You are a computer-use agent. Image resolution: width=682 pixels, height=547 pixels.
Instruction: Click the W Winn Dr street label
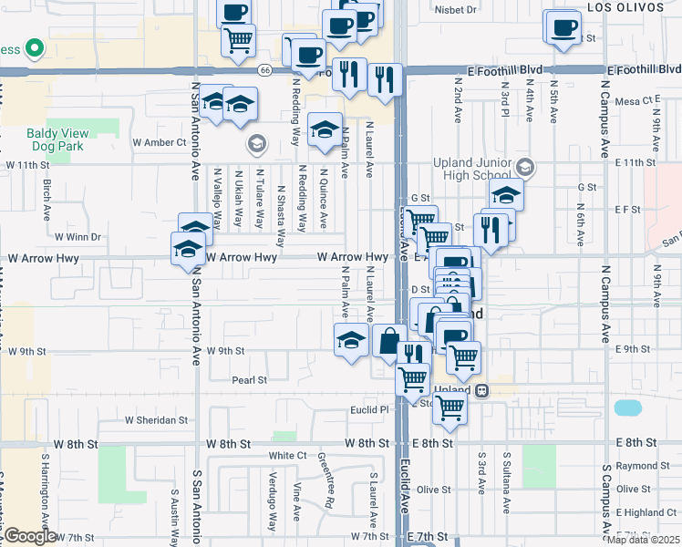click(x=77, y=237)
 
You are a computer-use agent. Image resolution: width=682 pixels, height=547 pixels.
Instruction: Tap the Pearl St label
click(x=249, y=380)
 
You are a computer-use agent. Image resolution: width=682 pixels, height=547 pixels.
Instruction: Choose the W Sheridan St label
click(x=156, y=421)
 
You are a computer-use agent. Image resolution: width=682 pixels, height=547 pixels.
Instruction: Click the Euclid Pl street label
click(x=370, y=410)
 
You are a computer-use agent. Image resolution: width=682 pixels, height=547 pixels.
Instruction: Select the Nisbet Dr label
click(x=456, y=10)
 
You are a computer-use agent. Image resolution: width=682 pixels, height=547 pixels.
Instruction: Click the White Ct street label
click(x=287, y=455)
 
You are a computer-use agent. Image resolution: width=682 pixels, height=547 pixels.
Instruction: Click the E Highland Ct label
click(x=646, y=512)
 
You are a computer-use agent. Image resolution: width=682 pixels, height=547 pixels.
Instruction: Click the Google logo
click(x=30, y=536)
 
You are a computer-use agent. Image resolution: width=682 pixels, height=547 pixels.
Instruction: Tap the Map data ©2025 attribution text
click(x=643, y=540)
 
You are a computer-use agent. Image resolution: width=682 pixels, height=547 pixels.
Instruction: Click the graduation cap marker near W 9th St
click(x=350, y=341)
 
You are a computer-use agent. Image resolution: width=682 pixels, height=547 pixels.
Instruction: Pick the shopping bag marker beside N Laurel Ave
click(x=389, y=341)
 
